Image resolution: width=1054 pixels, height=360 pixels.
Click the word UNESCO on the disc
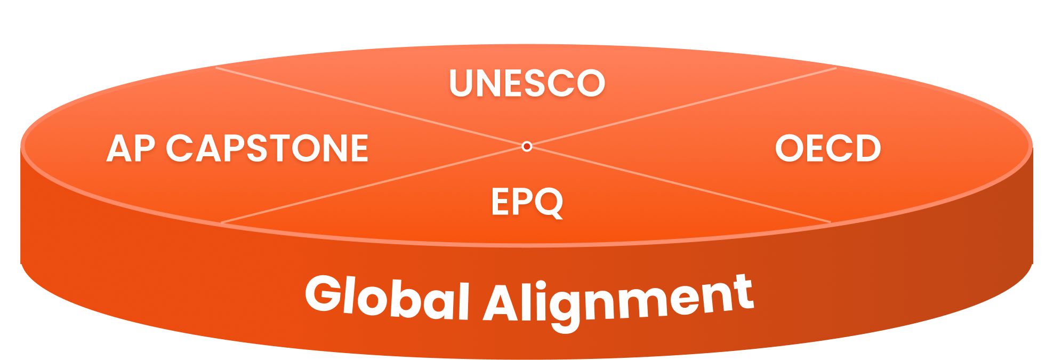527,83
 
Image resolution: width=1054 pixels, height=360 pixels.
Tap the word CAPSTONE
267,148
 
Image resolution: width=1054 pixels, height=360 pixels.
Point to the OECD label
827,148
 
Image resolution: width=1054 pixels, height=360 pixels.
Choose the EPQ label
527,202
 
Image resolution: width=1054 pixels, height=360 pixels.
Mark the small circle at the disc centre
527,146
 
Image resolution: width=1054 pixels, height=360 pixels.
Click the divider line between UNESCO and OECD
682,106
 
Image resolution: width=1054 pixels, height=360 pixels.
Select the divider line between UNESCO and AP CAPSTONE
373,107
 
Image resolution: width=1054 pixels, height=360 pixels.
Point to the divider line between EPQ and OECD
682,185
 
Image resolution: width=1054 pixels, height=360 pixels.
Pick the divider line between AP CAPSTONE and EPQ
373,185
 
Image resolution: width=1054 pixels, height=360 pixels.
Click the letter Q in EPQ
549,203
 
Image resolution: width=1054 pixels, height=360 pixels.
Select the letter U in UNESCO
462,83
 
